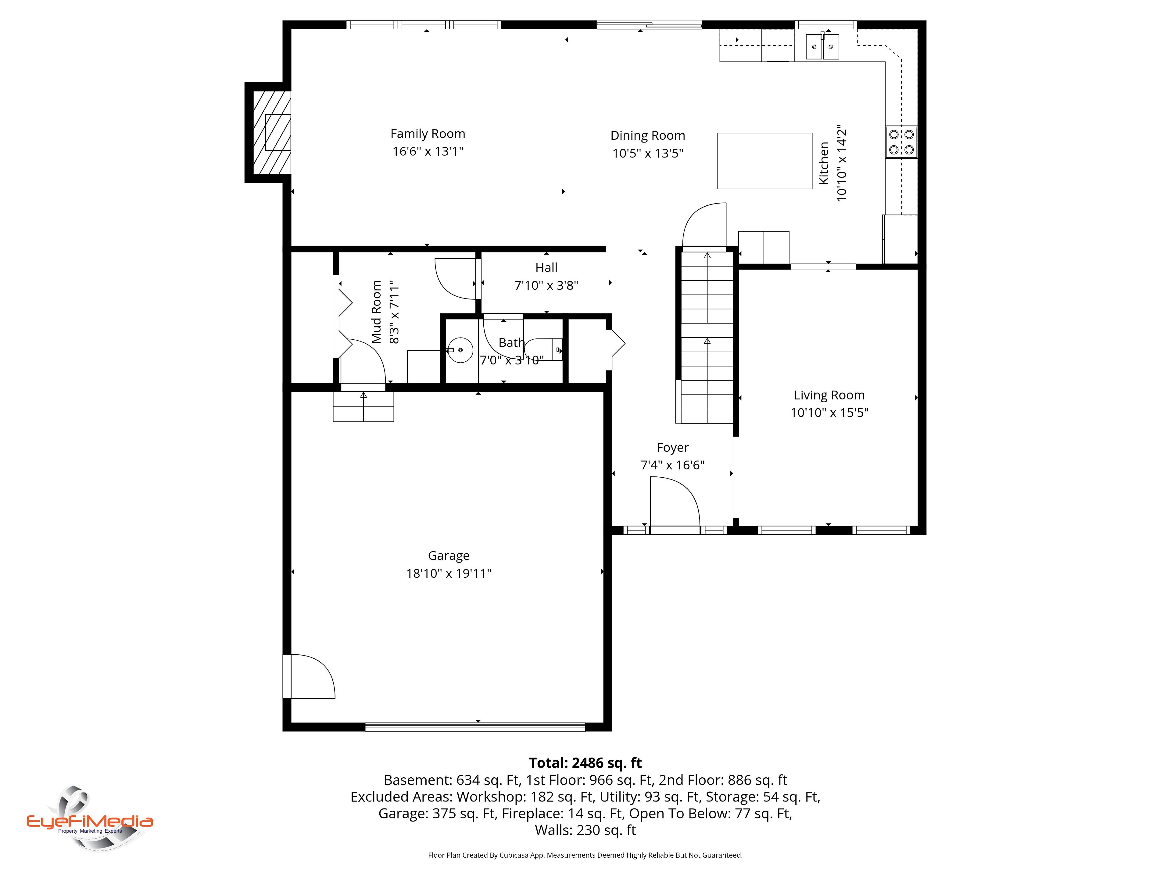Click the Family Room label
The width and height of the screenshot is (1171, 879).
point(428,134)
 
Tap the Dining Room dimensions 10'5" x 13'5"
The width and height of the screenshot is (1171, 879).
point(648,154)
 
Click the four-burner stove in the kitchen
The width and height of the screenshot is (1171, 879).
point(901,142)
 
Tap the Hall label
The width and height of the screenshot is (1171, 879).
point(546,268)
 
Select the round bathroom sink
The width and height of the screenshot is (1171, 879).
point(460,350)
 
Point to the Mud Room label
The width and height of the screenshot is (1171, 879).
point(376,312)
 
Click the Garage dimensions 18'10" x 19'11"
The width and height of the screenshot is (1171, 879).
point(449,573)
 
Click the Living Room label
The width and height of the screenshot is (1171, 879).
point(829,395)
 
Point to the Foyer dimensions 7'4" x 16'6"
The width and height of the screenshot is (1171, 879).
point(673,465)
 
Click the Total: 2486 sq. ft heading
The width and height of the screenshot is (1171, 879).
point(585,763)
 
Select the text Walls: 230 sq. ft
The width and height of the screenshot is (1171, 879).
point(585,830)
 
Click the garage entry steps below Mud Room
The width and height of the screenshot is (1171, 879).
point(363,407)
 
